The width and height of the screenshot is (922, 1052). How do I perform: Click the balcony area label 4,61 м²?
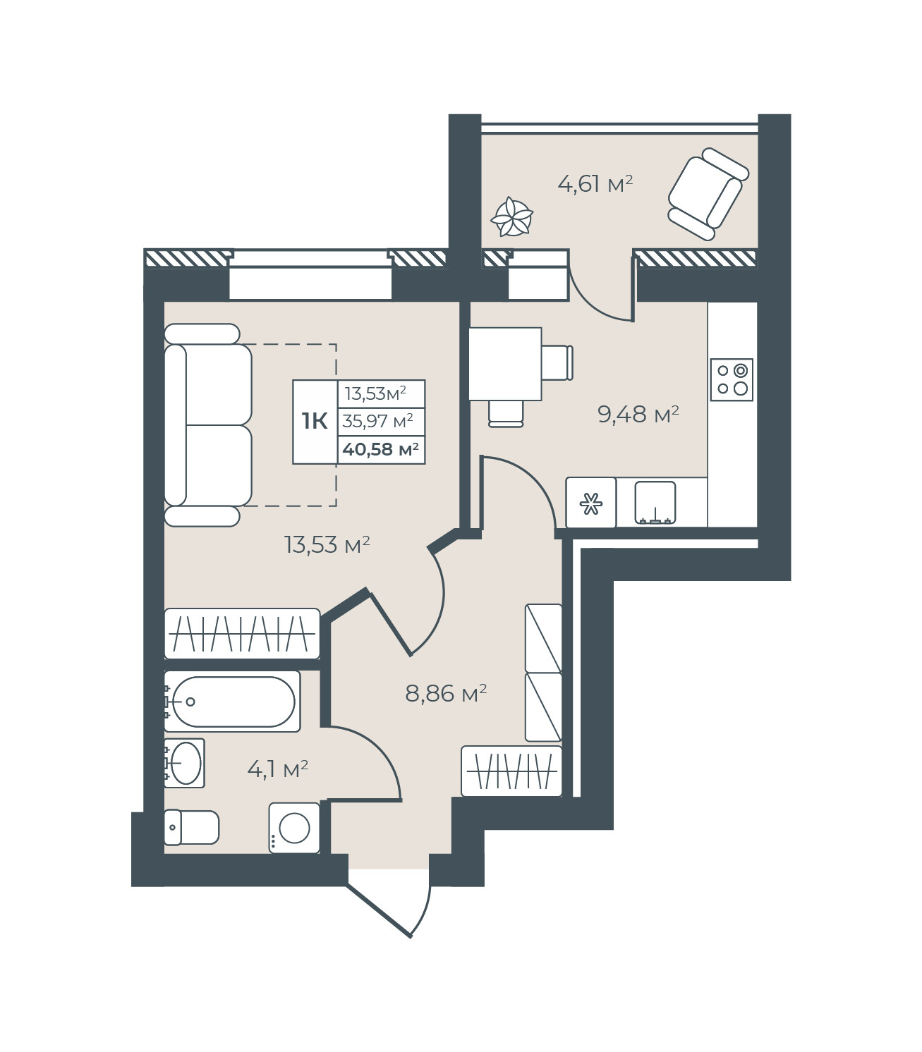coord(595,184)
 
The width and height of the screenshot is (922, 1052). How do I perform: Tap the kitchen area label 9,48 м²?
coord(638,415)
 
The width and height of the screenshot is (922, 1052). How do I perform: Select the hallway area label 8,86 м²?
coord(446,693)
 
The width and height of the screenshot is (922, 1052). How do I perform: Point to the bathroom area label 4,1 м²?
coord(278,769)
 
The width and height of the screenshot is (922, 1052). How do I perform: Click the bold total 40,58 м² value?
coord(381,449)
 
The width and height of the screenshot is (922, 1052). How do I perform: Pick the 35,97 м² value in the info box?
coord(377,421)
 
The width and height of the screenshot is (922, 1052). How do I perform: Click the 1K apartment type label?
coord(315,421)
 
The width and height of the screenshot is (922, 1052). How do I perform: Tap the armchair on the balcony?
coord(708,194)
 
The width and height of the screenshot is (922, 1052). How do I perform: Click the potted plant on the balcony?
coord(512,216)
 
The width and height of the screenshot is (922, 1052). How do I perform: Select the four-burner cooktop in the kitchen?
coord(732,379)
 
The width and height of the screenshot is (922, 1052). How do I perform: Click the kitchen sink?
coord(655,502)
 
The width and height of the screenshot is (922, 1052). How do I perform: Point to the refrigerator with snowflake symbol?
coord(590,503)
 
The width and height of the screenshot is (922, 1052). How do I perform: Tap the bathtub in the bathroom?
coord(232,702)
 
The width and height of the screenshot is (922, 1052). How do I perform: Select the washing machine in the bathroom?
coord(294,828)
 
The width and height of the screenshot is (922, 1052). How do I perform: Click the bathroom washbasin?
coord(184,764)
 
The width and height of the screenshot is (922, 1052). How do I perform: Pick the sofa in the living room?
coord(208,424)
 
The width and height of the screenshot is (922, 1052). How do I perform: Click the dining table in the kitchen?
coord(505,364)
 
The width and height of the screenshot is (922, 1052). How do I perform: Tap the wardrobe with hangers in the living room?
coord(242,633)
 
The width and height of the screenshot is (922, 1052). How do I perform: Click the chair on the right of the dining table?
coord(557,363)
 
